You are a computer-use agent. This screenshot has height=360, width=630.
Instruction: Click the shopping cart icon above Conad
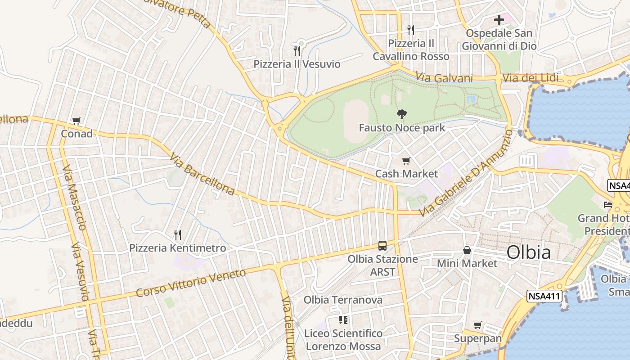76,121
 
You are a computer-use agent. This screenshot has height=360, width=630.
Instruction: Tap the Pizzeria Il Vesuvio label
297,64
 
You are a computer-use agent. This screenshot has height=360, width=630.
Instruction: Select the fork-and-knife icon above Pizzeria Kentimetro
178,234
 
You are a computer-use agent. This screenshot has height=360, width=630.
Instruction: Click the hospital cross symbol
499,20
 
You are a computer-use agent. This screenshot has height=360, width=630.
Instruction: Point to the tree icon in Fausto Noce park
402,114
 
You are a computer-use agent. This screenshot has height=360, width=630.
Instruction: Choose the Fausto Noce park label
402,128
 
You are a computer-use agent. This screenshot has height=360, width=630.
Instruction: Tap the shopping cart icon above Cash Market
406,161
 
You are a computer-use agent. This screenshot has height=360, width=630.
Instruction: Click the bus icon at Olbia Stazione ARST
382,246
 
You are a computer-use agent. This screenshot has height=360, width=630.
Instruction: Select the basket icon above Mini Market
467,250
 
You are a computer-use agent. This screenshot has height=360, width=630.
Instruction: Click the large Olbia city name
529,252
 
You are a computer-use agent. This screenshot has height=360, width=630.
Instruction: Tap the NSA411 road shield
545,296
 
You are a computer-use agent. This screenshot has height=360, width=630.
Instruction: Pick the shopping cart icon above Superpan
477,325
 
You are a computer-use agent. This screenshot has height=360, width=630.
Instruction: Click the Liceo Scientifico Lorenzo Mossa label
344,340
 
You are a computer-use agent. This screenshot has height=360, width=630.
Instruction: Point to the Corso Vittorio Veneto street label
191,283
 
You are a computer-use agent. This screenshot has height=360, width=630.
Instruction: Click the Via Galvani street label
438,77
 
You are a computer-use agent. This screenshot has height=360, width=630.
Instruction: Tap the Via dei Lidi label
530,78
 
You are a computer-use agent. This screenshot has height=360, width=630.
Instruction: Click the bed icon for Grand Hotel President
608,205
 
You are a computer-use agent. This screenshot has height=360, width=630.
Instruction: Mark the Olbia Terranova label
343,300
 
